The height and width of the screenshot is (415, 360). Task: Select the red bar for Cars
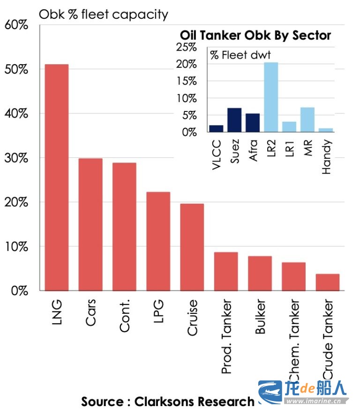pyautogui.click(x=90, y=224)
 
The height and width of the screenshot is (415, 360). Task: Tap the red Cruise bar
pyautogui.click(x=192, y=247)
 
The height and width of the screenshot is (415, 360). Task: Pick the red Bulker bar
pyautogui.click(x=260, y=273)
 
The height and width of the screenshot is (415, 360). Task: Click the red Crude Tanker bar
pyautogui.click(x=328, y=282)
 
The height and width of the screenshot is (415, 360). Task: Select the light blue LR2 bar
pyautogui.click(x=271, y=97)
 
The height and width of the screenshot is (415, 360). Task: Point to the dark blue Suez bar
pyautogui.click(x=234, y=120)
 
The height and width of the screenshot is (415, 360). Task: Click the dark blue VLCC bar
pyautogui.click(x=216, y=128)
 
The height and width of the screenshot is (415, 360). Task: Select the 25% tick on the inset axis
pyautogui.click(x=186, y=47)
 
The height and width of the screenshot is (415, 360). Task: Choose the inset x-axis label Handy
pyautogui.click(x=327, y=157)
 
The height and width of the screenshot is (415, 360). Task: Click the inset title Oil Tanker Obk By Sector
pyautogui.click(x=255, y=36)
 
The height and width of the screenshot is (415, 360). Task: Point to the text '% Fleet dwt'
pyautogui.click(x=240, y=55)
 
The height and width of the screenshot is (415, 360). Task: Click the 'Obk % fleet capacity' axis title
pyautogui.click(x=103, y=15)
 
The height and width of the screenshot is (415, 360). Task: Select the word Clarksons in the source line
pyautogui.click(x=164, y=401)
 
